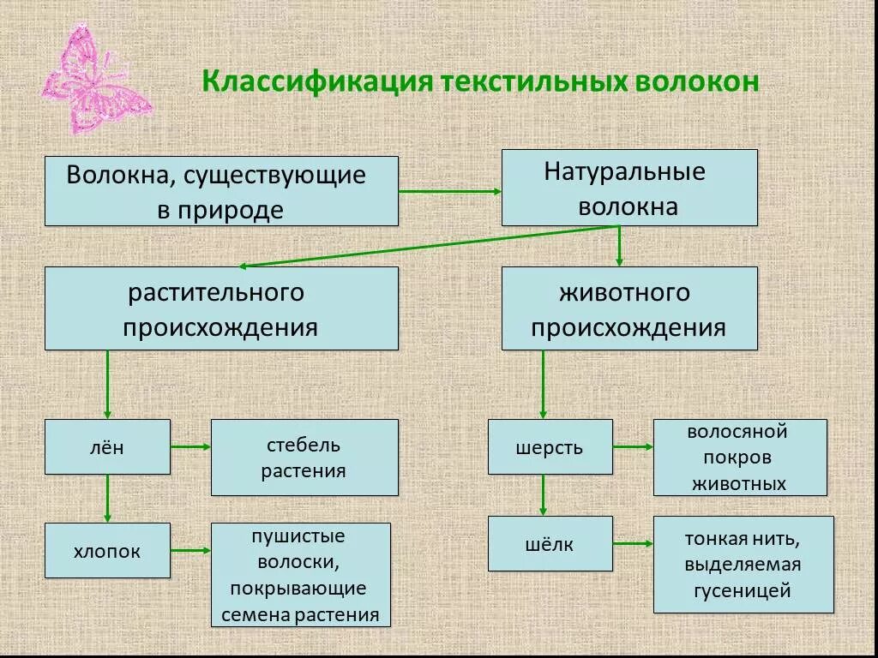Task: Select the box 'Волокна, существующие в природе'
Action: tap(221, 191)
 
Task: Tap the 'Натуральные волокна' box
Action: tap(629, 188)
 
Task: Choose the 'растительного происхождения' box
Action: tap(221, 308)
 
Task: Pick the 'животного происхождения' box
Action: tap(629, 308)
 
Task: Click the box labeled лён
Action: tap(107, 446)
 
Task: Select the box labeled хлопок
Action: tap(107, 552)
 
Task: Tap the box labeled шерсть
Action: tap(550, 446)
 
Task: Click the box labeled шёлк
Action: tap(550, 544)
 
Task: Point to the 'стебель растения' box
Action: tap(304, 458)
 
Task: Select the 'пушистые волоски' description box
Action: tap(300, 575)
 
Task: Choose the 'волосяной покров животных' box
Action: tap(740, 458)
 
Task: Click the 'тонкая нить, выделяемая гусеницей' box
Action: tap(743, 565)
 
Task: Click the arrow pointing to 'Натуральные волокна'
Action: tap(449, 191)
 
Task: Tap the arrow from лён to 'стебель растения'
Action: tap(191, 446)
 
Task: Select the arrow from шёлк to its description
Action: tap(633, 543)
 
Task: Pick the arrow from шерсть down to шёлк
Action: tap(543, 495)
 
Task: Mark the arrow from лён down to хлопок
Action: tap(107, 498)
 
